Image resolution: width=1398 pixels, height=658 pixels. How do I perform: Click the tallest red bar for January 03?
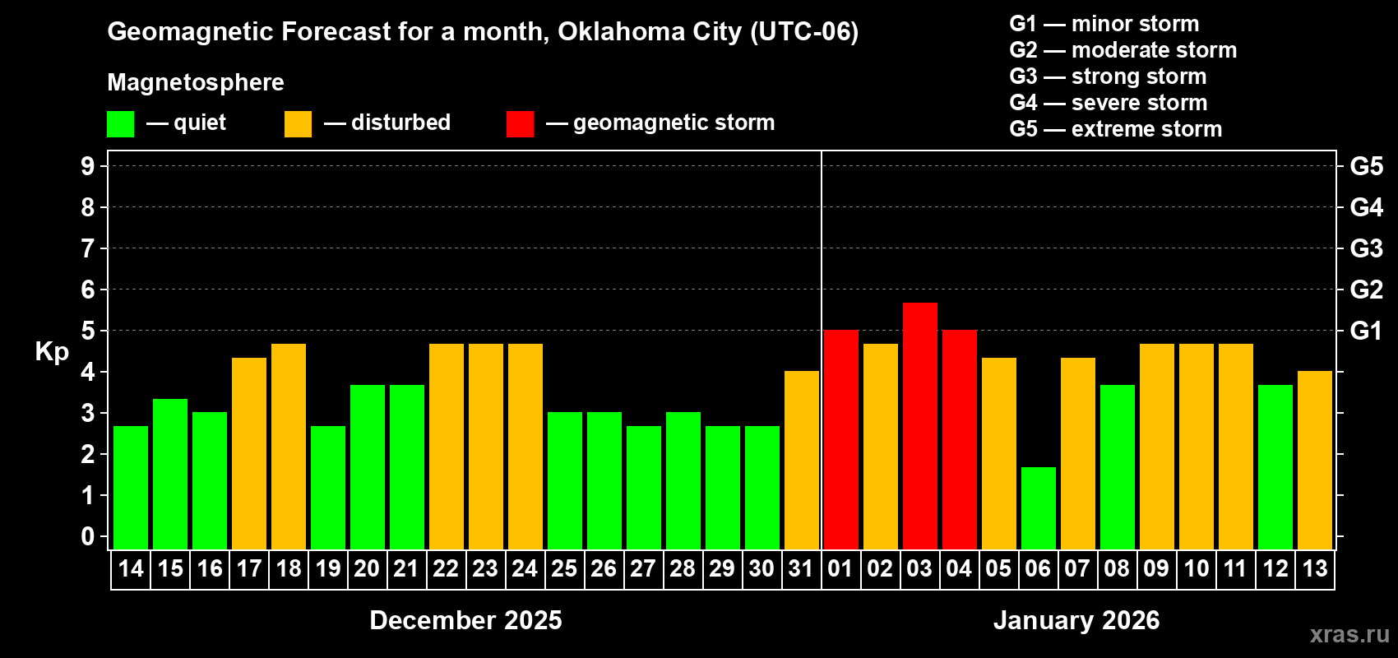pyautogui.click(x=919, y=426)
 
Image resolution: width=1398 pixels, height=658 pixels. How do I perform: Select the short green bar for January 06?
pyautogui.click(x=1038, y=508)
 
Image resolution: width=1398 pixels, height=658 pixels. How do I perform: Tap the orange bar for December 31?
pyautogui.click(x=801, y=461)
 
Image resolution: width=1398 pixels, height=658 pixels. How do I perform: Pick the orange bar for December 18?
pyautogui.click(x=289, y=447)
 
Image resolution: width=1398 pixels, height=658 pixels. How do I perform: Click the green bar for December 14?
pyautogui.click(x=131, y=488)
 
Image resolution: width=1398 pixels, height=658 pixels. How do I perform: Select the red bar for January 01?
pyautogui.click(x=840, y=440)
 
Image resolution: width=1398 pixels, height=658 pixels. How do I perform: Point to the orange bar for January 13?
pyautogui.click(x=1314, y=461)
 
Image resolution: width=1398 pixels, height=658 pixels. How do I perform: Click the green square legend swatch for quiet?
pyautogui.click(x=120, y=124)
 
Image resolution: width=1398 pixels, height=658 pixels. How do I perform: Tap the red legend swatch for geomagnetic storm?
pyautogui.click(x=520, y=124)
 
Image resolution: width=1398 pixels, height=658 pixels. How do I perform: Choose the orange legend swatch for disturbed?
pyautogui.click(x=298, y=124)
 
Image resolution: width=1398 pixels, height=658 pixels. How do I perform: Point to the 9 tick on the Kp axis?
pyautogui.click(x=88, y=166)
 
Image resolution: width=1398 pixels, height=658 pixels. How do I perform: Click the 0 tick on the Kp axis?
pyautogui.click(x=88, y=537)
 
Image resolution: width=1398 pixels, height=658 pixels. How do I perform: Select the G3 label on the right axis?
pyautogui.click(x=1366, y=248)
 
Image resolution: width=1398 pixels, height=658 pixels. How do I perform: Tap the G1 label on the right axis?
pyautogui.click(x=1366, y=331)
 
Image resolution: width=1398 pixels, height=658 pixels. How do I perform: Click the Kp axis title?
pyautogui.click(x=52, y=352)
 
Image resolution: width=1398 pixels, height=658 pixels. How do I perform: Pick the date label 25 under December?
pyautogui.click(x=564, y=569)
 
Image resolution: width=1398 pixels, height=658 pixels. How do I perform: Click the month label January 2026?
pyautogui.click(x=1076, y=620)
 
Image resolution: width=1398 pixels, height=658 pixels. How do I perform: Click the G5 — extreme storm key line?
pyautogui.click(x=1115, y=129)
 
